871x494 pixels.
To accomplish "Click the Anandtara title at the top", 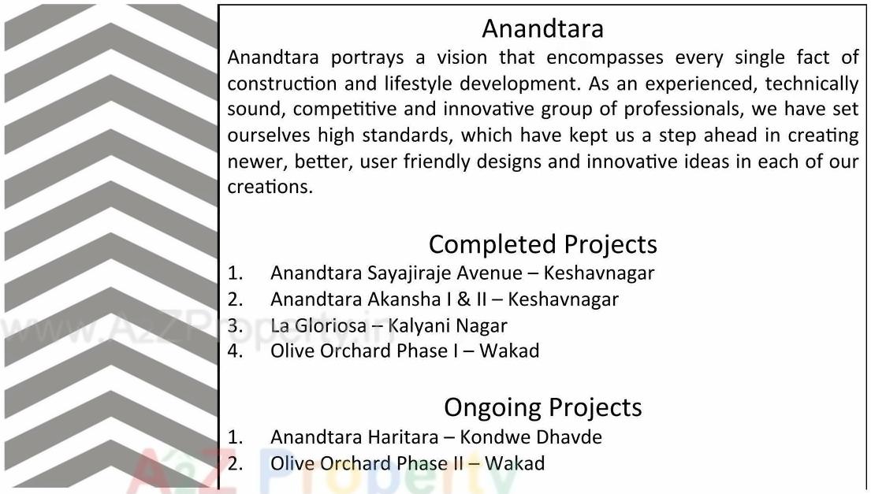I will coord(542,28).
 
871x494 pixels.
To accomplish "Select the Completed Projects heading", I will coord(542,244).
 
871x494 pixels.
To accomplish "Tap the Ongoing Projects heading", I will coord(542,407).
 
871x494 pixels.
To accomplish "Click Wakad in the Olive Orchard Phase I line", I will coord(509,350).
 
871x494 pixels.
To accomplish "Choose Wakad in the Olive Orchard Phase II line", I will coord(514,462).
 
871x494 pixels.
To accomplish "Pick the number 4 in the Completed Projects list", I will coord(234,350).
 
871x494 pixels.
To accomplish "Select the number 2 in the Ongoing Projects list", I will coord(234,462).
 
